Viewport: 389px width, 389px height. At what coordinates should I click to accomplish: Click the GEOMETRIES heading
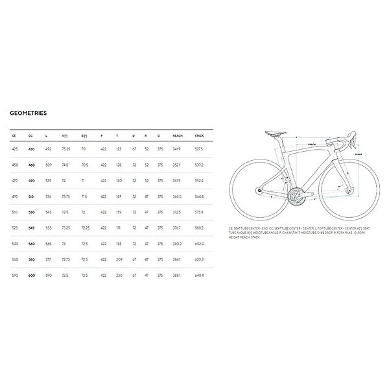[x=28, y=112]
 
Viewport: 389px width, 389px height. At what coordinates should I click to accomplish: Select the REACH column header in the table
[x=178, y=136]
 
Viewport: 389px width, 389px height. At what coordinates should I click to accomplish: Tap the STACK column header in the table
[x=199, y=136]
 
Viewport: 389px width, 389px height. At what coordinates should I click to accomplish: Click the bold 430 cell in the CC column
[x=31, y=149]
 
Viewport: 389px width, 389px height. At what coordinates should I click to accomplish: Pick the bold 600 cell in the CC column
[x=31, y=275]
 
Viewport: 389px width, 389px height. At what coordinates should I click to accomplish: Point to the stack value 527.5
[x=199, y=149]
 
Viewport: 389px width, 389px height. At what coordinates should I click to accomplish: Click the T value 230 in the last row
[x=119, y=275]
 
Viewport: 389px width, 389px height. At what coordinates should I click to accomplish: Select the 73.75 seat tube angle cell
[x=65, y=196]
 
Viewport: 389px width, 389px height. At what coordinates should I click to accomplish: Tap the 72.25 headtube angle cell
[x=84, y=228]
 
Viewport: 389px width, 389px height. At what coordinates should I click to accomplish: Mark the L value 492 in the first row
[x=47, y=149]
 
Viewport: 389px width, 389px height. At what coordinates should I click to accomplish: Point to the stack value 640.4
[x=199, y=275]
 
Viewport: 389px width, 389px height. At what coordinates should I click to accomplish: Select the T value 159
[x=119, y=212]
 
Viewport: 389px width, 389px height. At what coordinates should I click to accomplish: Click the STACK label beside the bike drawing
[x=359, y=154]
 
